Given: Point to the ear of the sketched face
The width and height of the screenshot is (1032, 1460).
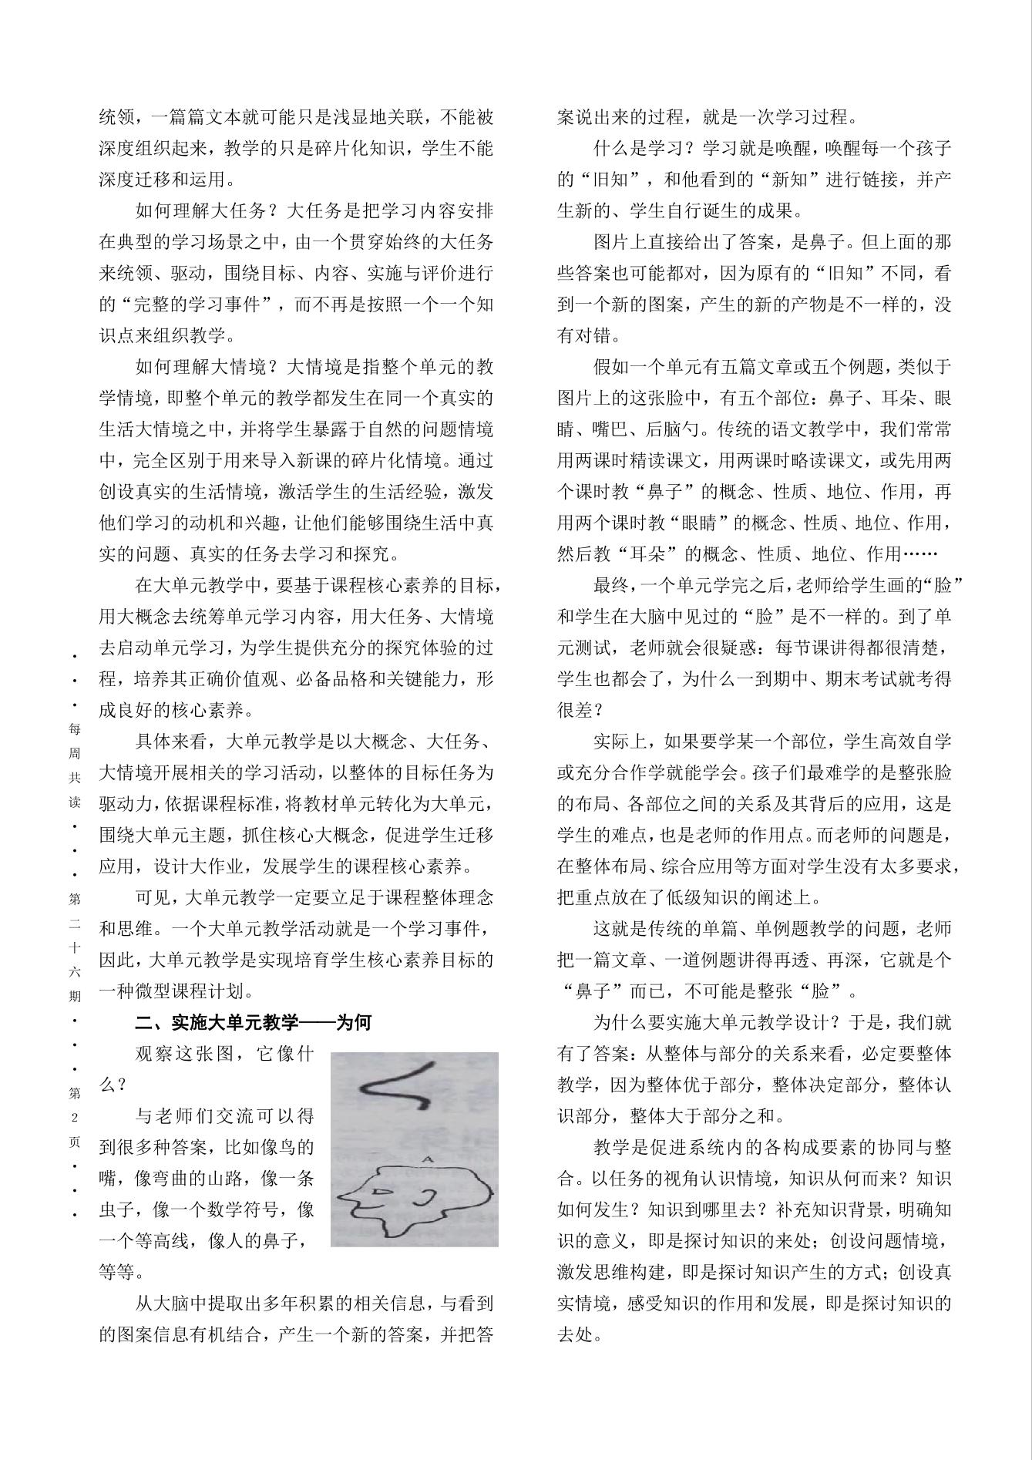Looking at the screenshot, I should click(425, 1196).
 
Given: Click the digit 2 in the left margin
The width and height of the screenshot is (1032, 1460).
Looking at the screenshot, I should click(75, 1118).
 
